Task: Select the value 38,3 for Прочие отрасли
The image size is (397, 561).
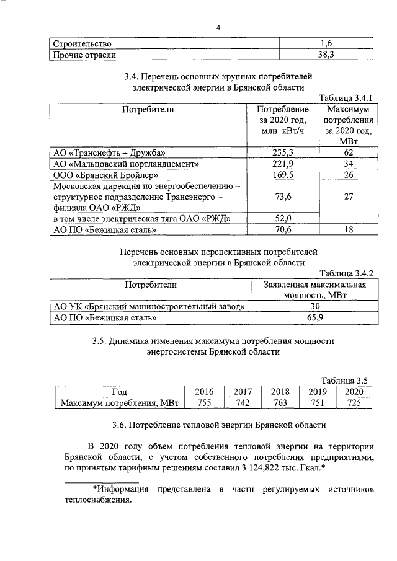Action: pos(327,55)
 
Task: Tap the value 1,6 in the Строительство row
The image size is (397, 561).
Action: pos(327,43)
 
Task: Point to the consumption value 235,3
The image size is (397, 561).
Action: pos(283,152)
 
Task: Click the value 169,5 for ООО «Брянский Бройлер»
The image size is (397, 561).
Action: pos(283,175)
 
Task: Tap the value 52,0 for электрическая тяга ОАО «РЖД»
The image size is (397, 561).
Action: pos(283,219)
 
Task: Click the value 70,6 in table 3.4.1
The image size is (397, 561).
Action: pos(283,231)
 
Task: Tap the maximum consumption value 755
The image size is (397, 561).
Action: pos(204,403)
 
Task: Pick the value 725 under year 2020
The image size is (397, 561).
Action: pos(354,403)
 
